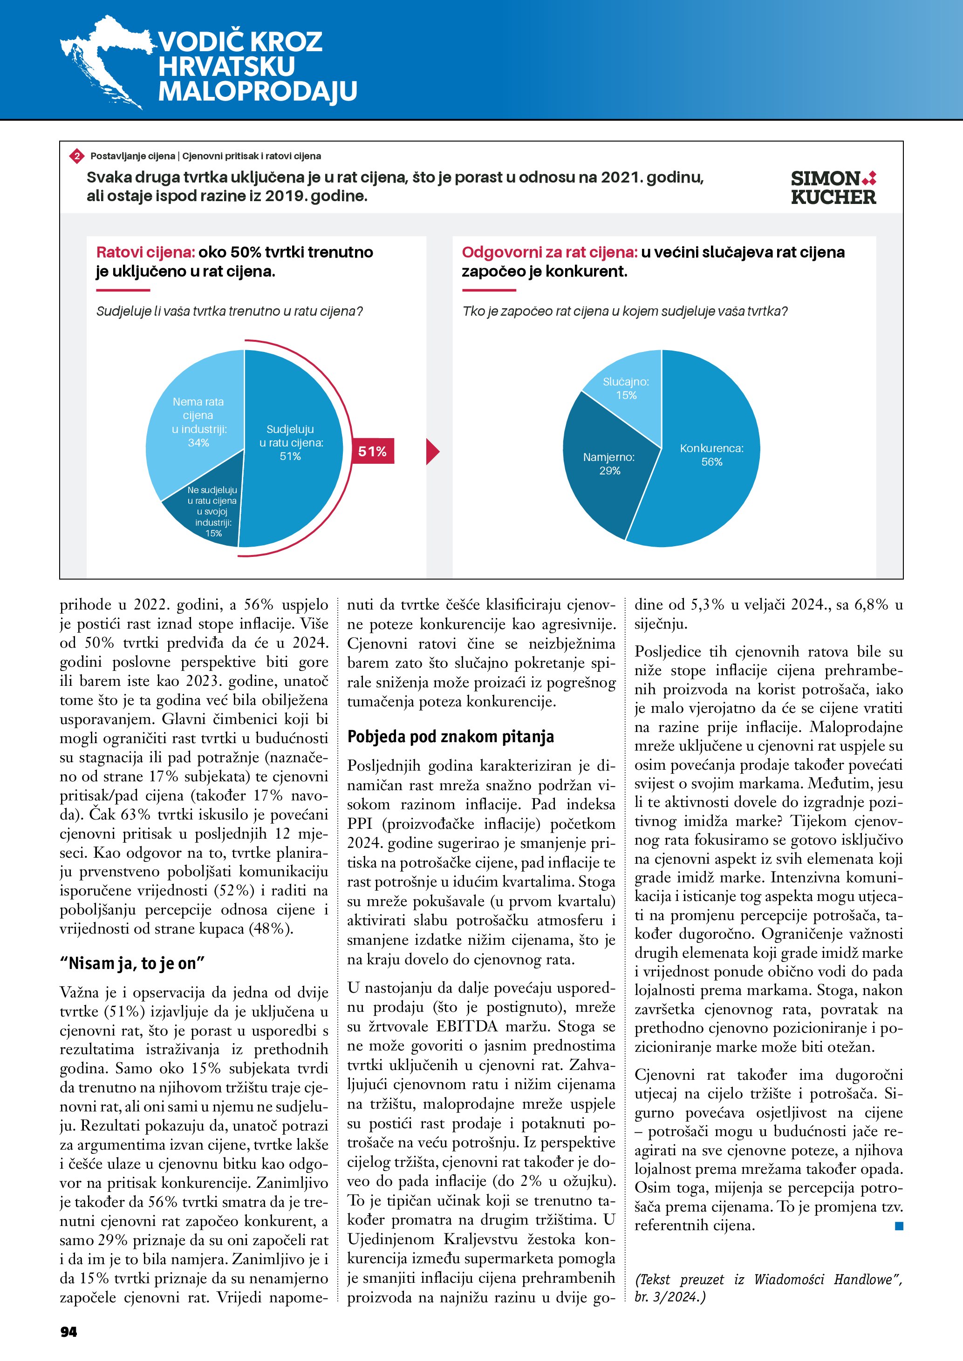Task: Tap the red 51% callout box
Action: click(372, 452)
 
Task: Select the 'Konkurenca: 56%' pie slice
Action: click(711, 468)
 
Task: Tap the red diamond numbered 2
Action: click(76, 156)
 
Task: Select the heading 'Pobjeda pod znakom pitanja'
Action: click(450, 737)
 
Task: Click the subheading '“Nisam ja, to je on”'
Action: click(132, 963)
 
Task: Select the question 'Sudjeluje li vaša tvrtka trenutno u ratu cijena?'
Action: click(230, 311)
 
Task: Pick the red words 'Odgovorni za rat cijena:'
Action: click(549, 252)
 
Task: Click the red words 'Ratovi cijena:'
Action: click(145, 252)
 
